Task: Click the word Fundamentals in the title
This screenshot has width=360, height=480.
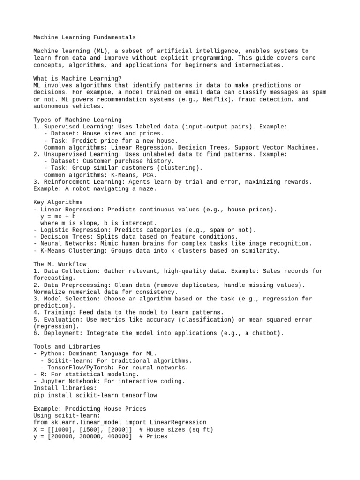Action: tap(112, 37)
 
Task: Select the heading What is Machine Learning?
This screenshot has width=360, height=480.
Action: tap(77, 79)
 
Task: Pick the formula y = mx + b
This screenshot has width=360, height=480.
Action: tap(58, 217)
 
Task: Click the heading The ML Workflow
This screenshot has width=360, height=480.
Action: tap(60, 264)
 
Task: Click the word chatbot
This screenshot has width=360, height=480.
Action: tap(266, 333)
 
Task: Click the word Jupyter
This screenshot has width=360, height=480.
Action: tap(53, 381)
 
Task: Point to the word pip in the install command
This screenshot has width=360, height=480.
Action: tap(39, 395)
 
